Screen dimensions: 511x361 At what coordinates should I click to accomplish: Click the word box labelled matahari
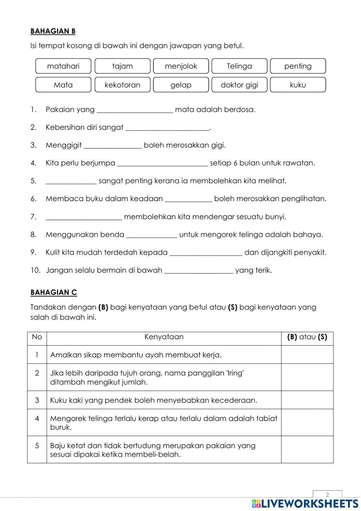pos(63,66)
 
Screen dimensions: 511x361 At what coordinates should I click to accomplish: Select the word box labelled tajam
pos(122,66)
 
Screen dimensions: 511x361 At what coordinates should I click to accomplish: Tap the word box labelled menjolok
pos(181,66)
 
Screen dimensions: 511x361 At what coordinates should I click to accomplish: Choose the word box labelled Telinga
pos(239,66)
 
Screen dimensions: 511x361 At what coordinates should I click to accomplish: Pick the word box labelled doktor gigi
pos(239,85)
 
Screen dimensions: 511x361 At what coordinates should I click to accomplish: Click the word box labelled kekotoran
pos(122,85)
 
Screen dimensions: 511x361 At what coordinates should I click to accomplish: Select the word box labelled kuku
pos(298,85)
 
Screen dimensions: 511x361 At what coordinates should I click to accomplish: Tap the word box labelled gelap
pos(181,85)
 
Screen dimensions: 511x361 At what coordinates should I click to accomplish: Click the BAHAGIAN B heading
pos(53,31)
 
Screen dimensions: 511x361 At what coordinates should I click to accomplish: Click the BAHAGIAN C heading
pos(54,293)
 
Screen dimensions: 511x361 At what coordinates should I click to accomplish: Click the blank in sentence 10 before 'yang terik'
pos(199,271)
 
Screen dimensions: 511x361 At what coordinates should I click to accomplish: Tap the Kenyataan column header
pos(164,337)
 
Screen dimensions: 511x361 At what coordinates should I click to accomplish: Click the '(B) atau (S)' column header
pos(307,337)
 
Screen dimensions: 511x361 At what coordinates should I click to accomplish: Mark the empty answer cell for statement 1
pos(307,355)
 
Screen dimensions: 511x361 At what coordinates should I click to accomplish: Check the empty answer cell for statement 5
pos(307,450)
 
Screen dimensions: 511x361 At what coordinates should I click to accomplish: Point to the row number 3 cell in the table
pos(37,400)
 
